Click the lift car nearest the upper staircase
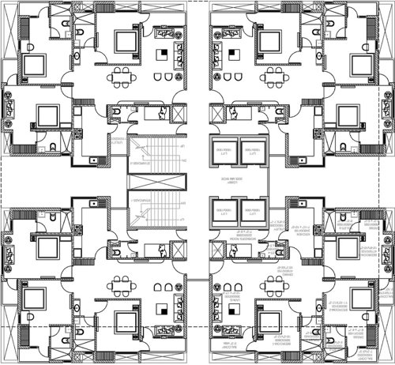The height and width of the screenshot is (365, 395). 224,155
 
